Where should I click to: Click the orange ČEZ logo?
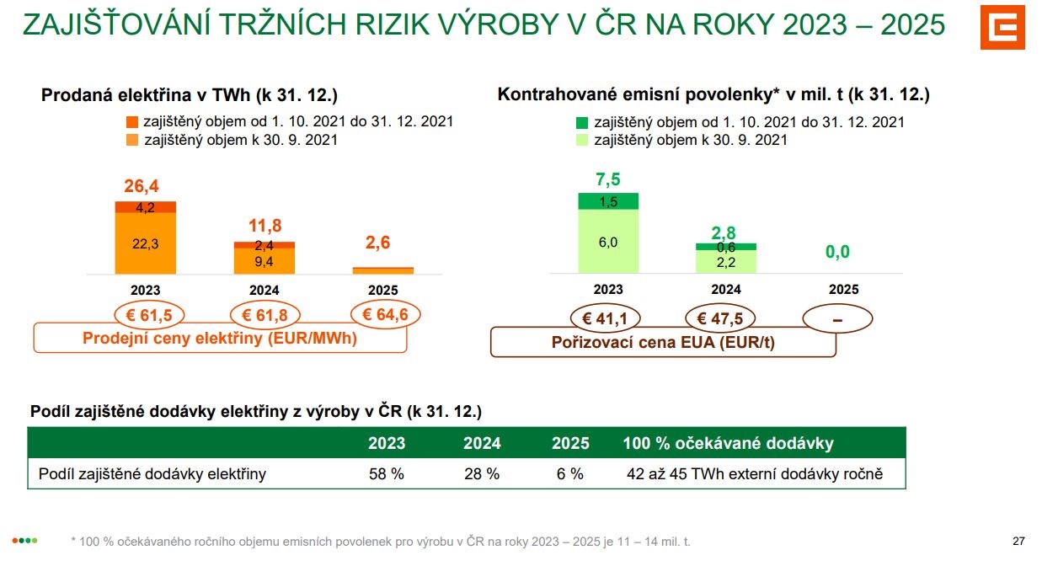coord(1002,27)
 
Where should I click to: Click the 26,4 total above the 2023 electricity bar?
coord(142,186)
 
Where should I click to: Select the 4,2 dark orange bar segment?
coord(145,207)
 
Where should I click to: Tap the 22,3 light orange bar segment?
coord(145,243)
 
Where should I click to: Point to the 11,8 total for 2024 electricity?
coord(265,226)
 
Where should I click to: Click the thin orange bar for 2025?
coord(382,270)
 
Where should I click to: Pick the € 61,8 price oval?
coord(265,315)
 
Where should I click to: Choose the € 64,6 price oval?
coord(385,314)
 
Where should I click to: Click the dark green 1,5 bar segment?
coord(608,201)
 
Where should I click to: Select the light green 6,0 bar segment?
coord(608,242)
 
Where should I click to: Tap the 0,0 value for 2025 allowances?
coord(837,252)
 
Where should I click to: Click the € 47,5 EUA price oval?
coord(720,318)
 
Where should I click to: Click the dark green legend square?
coord(582,122)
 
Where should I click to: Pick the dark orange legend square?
coord(132,122)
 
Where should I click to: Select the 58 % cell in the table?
coord(386,474)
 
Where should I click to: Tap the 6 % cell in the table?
coord(569,474)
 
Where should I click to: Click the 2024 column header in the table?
coord(482,443)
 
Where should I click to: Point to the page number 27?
coord(1018,542)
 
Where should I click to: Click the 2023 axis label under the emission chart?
coord(608,289)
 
